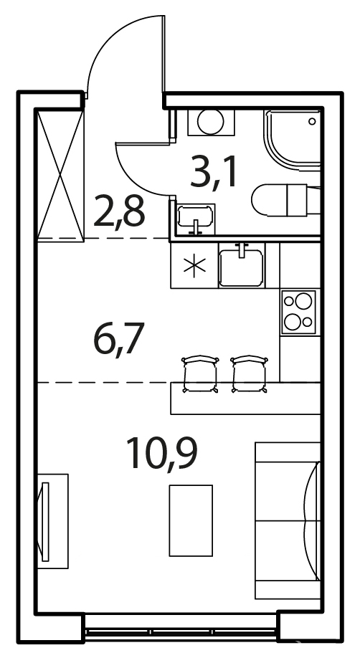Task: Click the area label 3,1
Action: [214, 172]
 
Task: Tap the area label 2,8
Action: [119, 211]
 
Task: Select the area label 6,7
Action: [119, 338]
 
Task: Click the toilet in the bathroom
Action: [285, 200]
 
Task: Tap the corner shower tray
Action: [293, 140]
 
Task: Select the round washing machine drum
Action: [211, 122]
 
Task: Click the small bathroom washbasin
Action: [196, 219]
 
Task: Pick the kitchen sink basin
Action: [241, 268]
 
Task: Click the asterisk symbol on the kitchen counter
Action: [194, 267]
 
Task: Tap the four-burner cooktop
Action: [298, 312]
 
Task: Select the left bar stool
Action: [200, 374]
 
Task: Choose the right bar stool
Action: [250, 374]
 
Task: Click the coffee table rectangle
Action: [191, 520]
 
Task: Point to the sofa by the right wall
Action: [288, 520]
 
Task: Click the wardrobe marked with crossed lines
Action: [60, 175]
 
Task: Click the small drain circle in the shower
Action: [312, 122]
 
